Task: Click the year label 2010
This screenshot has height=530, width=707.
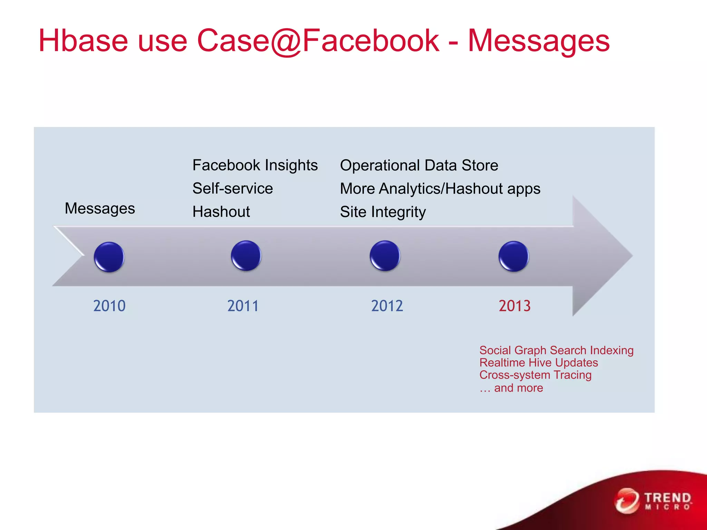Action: point(109,306)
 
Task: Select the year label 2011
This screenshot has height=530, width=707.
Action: point(243,306)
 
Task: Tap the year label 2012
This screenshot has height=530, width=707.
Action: point(387,306)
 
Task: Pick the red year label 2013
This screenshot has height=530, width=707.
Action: point(514,306)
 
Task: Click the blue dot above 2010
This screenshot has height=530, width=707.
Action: point(109,257)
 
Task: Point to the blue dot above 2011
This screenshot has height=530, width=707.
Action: point(246,256)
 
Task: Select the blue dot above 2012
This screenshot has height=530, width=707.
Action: point(385,256)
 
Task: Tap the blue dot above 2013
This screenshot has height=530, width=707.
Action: point(514,256)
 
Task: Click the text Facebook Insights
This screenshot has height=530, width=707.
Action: point(255,165)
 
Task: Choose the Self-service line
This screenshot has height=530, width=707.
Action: point(233,188)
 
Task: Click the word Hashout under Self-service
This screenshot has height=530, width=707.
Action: point(221,212)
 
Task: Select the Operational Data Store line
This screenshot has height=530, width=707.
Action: point(419,165)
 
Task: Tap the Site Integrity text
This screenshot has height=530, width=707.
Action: point(383,212)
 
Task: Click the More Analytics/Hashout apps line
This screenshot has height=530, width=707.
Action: point(440,189)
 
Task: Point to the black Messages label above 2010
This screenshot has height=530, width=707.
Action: point(100,208)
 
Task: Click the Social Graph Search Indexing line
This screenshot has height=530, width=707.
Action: point(556,350)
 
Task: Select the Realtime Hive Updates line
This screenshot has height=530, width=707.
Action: point(539,363)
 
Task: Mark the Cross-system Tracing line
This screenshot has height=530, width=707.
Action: point(535,375)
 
